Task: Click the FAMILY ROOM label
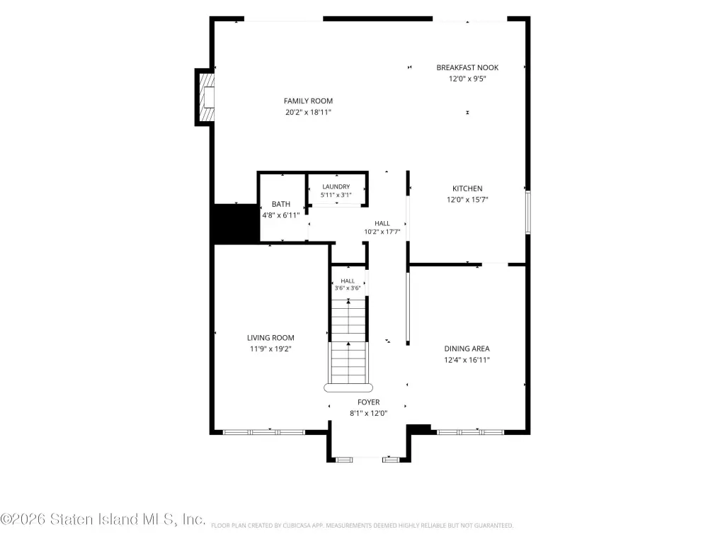pos(309,101)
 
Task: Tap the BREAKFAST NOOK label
pos(467,67)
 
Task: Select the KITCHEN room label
pos(467,188)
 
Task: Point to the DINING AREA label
pos(467,348)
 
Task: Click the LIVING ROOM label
pos(270,338)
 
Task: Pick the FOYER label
pos(368,402)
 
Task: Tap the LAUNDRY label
pos(336,187)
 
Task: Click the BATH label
pos(281,204)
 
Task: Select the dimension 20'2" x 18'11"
pos(309,112)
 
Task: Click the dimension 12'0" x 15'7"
pos(467,200)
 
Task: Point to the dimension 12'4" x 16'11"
pos(467,360)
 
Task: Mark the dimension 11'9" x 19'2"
pos(270,349)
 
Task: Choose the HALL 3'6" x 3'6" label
pos(348,285)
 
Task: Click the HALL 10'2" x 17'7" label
pos(382,227)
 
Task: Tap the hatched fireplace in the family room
pos(207,97)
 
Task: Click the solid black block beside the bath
pos(236,223)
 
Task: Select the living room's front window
pos(264,433)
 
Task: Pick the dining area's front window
pos(470,433)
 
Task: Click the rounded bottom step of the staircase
pos(348,387)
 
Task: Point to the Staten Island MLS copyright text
pos(103,519)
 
